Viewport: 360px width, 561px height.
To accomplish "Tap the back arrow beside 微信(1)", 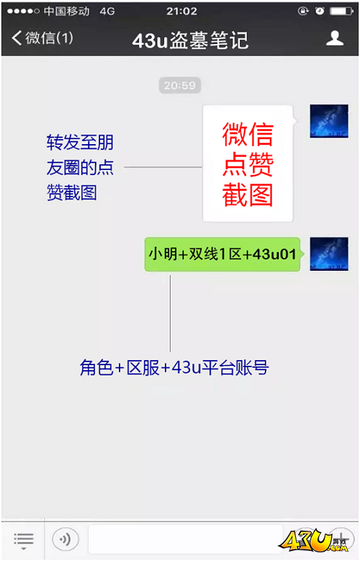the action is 17,37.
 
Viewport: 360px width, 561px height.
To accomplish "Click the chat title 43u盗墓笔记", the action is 190,40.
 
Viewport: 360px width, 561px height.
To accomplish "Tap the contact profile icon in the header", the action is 335,38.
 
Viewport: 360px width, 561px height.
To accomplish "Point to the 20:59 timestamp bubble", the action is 180,86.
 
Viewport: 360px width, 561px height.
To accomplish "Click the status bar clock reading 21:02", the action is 181,12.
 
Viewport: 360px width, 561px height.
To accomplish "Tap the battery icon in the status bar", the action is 342,12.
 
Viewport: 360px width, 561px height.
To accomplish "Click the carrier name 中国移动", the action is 66,12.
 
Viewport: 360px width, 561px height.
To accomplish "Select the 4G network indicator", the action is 107,12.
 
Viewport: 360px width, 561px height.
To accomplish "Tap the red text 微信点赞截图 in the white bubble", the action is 248,164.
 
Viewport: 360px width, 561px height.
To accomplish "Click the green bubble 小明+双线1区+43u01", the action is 222,254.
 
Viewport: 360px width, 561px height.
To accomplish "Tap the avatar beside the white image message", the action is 329,121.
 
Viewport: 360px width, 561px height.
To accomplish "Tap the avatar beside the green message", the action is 329,253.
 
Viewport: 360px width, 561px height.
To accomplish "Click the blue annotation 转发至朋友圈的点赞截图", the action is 80,168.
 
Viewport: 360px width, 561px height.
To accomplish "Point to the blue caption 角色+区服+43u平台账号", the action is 174,367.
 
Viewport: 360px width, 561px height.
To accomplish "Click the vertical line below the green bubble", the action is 170,313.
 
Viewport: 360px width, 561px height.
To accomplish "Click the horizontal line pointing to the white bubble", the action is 163,167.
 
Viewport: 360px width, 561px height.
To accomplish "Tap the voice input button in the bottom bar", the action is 65,539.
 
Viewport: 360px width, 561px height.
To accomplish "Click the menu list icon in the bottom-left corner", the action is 24,540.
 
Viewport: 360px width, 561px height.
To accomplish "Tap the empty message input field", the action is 185,539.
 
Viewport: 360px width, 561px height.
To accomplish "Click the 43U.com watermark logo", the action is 314,541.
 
